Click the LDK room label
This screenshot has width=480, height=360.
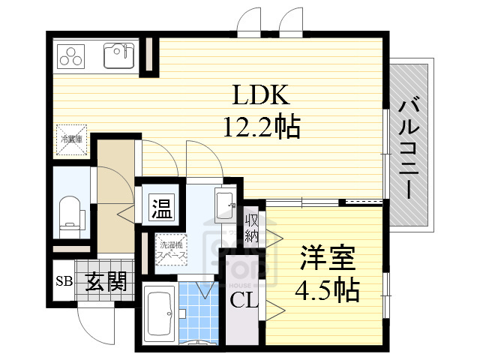pyautogui.click(x=259, y=95)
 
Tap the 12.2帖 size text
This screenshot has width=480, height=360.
pyautogui.click(x=261, y=126)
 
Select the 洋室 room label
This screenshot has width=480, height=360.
pyautogui.click(x=328, y=258)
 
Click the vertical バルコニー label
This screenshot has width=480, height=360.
pyautogui.click(x=409, y=146)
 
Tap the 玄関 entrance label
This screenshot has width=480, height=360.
pyautogui.click(x=104, y=282)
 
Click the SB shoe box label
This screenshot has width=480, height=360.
pyautogui.click(x=63, y=282)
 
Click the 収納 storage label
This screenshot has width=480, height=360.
pyautogui.click(x=251, y=228)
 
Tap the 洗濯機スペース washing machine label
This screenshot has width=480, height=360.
pyautogui.click(x=170, y=249)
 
